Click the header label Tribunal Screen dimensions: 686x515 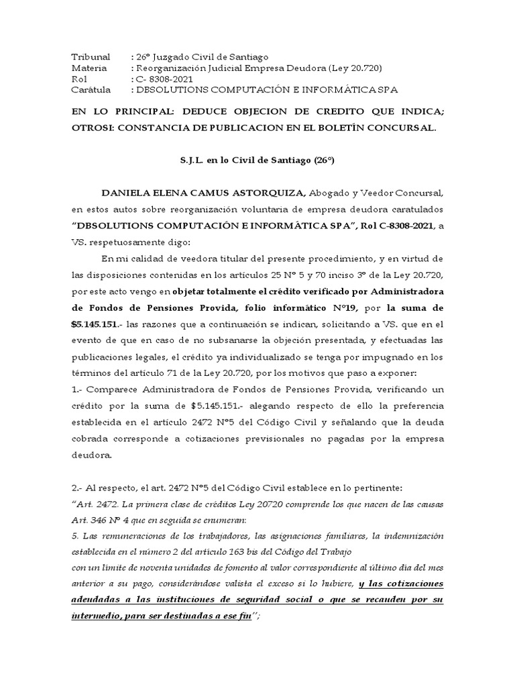(91, 57)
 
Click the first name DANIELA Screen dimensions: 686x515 (127, 193)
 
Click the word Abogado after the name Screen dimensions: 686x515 (331, 193)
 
